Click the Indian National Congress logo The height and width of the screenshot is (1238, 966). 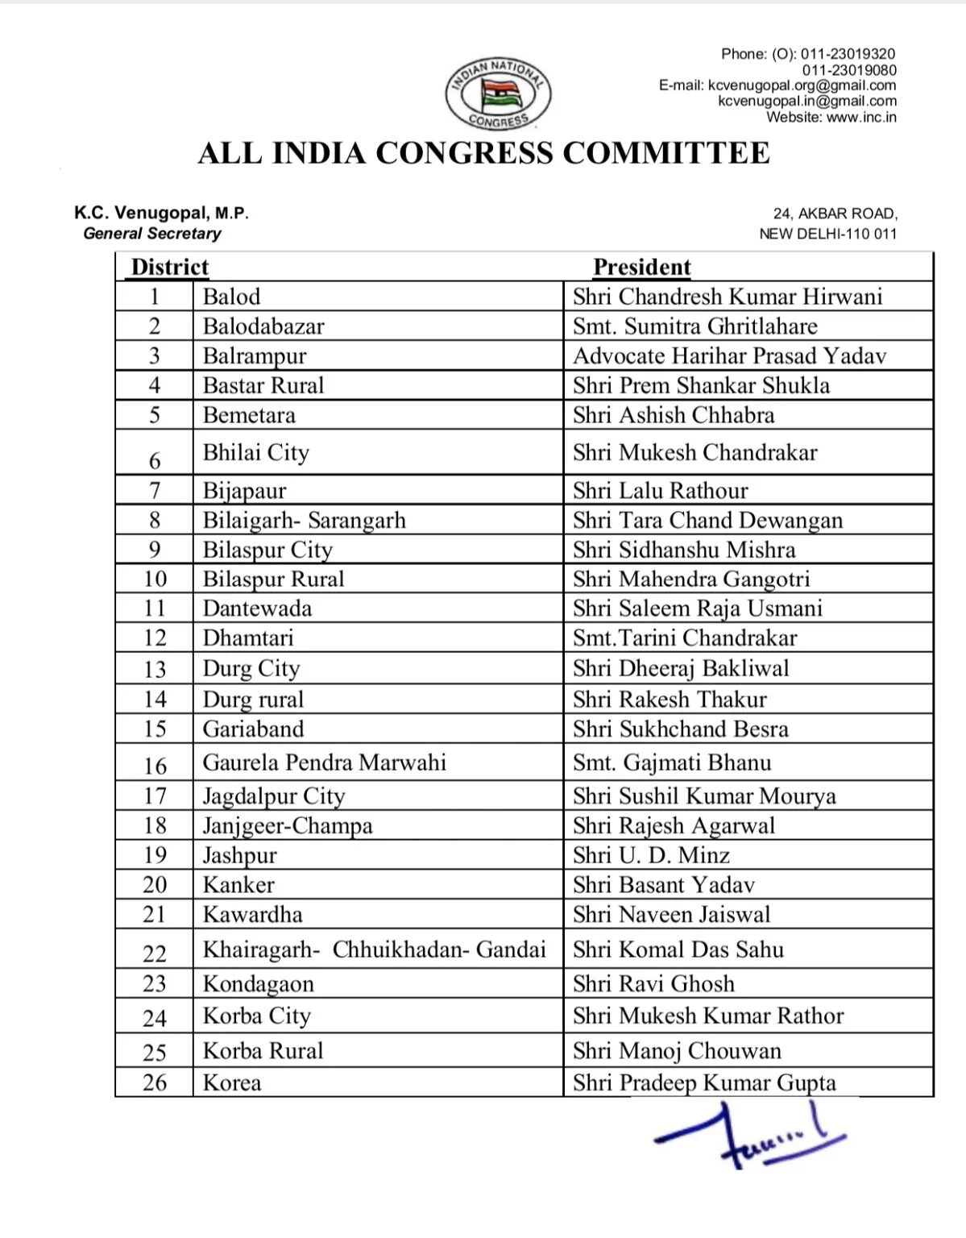pos(499,94)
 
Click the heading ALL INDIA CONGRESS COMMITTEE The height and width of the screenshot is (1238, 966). pos(483,153)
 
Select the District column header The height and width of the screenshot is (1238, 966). pos(169,267)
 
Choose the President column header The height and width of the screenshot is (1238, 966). pos(641,267)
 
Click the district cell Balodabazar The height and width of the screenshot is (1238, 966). pos(263,326)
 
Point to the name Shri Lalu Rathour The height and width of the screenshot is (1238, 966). pos(660,490)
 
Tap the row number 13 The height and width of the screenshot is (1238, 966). pos(155,669)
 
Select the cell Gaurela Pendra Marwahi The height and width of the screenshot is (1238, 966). pos(324,762)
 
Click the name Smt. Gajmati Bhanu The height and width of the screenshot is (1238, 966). pos(672,762)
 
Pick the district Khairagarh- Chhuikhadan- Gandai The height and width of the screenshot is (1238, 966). pos(374,949)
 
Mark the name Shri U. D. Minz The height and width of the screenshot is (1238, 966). pos(651,855)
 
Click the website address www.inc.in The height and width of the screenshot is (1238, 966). pos(861,118)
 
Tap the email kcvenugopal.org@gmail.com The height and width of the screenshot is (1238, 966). pos(801,85)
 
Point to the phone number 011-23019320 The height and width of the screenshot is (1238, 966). pos(848,54)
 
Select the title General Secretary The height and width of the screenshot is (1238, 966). pos(152,234)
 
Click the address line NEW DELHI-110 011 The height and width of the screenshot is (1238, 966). pos(827,234)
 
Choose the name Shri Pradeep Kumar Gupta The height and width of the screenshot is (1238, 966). pos(704,1082)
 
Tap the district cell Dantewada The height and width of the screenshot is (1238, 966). pos(257,609)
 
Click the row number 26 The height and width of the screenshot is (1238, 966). pos(155,1082)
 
